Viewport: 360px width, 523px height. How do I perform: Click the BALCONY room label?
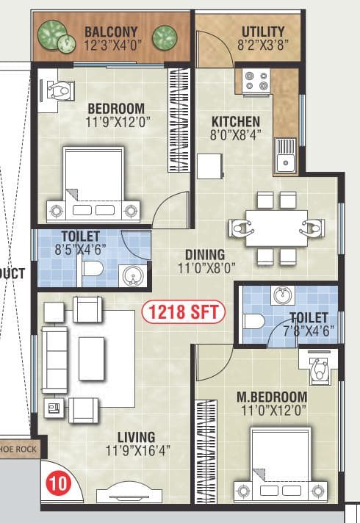[111, 32]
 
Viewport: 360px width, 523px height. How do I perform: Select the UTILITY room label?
[263, 32]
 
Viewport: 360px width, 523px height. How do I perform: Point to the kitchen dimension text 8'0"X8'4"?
[235, 135]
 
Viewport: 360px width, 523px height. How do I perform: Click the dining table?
[276, 228]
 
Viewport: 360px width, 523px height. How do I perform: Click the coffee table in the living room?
[92, 358]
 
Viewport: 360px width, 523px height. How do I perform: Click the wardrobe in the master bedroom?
[205, 450]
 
